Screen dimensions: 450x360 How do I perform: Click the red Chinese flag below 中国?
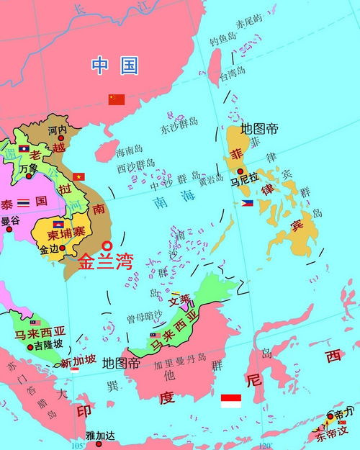pyautogui.click(x=117, y=99)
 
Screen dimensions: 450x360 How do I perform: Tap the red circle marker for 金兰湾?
pyautogui.click(x=107, y=245)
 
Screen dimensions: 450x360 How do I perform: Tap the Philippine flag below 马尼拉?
pyautogui.click(x=247, y=204)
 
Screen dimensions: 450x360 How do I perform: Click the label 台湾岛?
pyautogui.click(x=233, y=73)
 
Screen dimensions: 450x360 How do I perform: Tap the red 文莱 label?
pyautogui.click(x=180, y=300)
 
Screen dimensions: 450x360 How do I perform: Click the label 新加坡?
pyautogui.click(x=76, y=362)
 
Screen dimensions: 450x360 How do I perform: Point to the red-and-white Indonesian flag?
pyautogui.click(x=230, y=401)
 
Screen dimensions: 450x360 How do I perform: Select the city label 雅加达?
pyautogui.click(x=100, y=436)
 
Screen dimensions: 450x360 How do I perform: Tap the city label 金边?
pyautogui.click(x=50, y=249)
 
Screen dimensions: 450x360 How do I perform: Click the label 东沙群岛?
pyautogui.click(x=179, y=130)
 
